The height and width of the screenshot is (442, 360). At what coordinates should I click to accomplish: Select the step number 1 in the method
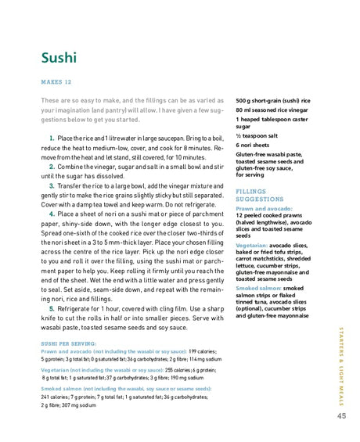52,138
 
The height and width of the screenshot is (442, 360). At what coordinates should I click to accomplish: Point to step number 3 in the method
52,185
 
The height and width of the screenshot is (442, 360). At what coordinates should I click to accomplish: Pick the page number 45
341,415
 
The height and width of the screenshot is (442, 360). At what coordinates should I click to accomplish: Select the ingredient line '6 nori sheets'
254,146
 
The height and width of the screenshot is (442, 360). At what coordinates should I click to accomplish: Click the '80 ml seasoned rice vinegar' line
272,110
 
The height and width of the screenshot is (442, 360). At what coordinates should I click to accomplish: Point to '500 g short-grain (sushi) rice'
273,101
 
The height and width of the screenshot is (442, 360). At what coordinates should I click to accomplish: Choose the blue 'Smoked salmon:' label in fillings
259,288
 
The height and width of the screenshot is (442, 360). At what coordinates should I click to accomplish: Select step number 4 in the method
52,213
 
